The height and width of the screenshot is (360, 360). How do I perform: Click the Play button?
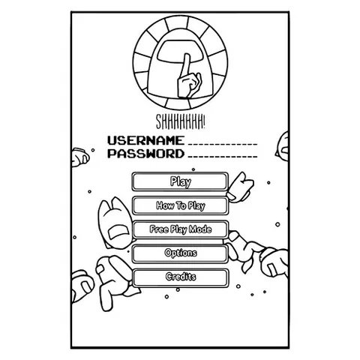point(180,181)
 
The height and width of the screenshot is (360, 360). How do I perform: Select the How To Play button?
point(180,205)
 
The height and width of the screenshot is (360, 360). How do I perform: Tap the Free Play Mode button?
point(180,229)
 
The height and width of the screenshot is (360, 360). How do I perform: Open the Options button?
point(180,253)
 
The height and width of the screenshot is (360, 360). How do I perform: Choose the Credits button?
point(180,277)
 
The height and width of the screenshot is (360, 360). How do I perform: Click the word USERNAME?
point(146,140)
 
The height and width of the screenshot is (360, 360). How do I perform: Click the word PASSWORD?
point(146,153)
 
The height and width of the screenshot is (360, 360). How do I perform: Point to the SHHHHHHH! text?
point(181,121)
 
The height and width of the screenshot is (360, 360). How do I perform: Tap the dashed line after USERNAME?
point(223,144)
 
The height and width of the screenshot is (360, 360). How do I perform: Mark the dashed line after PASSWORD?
point(223,157)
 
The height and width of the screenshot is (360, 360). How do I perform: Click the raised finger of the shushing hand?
point(186,65)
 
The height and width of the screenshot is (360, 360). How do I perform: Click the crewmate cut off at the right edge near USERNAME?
point(282,146)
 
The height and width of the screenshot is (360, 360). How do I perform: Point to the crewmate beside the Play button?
point(240,187)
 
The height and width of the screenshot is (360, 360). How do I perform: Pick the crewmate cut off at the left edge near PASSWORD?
point(80,157)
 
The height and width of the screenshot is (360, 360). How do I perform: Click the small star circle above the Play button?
point(193,169)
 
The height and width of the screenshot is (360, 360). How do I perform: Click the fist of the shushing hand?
point(189,85)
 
